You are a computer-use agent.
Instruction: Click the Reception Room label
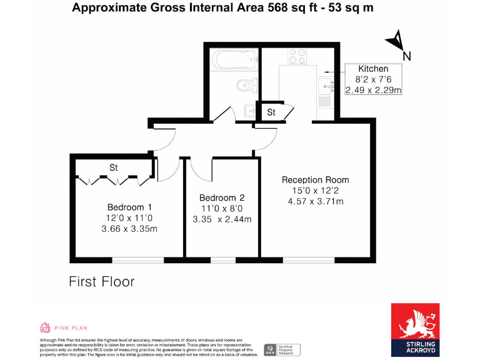click(315, 180)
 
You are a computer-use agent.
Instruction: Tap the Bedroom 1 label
click(129, 207)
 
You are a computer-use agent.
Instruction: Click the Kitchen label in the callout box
click(373, 69)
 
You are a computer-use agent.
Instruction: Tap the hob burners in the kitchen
click(297, 56)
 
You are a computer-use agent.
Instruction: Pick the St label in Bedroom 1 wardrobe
click(114, 167)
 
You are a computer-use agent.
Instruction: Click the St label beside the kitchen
click(271, 113)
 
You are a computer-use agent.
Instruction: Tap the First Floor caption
click(101, 282)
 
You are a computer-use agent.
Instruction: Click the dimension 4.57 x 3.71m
click(315, 201)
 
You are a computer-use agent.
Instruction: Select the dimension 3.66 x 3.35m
click(129, 229)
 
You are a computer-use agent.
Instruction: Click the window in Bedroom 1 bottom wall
click(139, 259)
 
